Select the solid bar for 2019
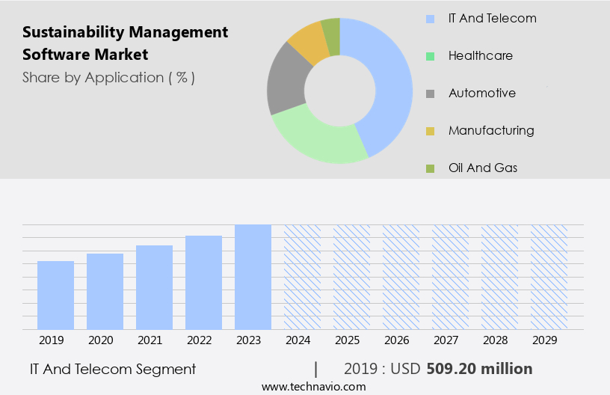click(x=56, y=296)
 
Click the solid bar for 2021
click(x=154, y=287)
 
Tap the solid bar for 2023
click(x=253, y=277)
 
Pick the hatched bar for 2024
click(x=302, y=277)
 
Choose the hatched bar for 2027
click(x=450, y=277)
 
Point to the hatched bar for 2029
click(x=549, y=277)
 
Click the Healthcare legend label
click(x=481, y=55)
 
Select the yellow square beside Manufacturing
click(x=430, y=131)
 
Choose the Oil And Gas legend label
click(x=483, y=168)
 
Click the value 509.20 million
click(x=479, y=369)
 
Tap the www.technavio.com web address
click(x=313, y=387)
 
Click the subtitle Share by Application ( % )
click(x=108, y=77)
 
